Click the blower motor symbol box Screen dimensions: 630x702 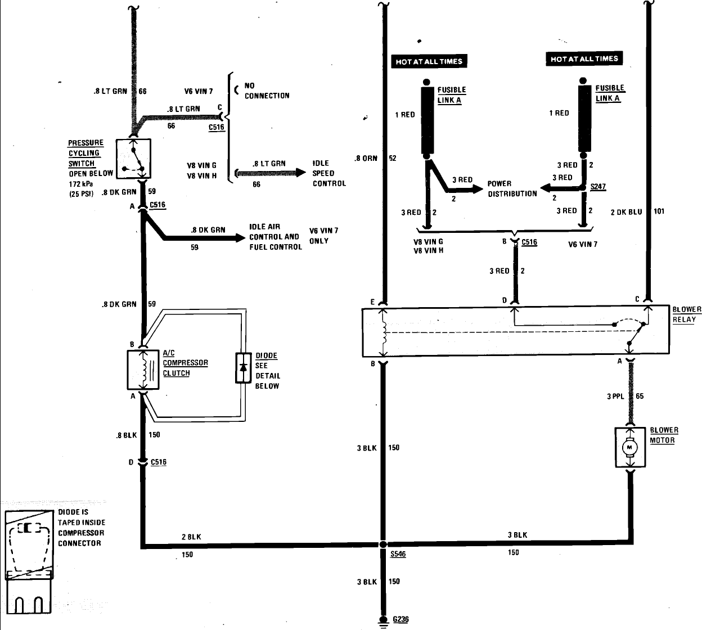point(629,447)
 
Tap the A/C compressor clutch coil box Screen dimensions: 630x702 point(143,370)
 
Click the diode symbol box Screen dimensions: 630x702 point(243,368)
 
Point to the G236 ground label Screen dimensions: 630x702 point(400,619)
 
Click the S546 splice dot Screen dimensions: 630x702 point(382,544)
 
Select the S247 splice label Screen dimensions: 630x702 point(598,186)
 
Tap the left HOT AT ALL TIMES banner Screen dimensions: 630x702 point(429,61)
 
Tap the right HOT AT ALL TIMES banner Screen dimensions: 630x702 point(584,58)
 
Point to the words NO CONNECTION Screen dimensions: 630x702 point(267,91)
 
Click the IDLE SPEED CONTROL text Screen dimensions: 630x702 point(329,173)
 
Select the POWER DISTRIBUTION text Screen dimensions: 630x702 point(512,188)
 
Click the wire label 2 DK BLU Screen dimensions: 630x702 point(626,212)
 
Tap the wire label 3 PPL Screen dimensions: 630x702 point(615,396)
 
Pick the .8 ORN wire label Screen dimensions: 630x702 point(366,159)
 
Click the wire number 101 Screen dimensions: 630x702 point(659,211)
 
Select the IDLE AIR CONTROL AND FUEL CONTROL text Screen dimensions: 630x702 point(275,237)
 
